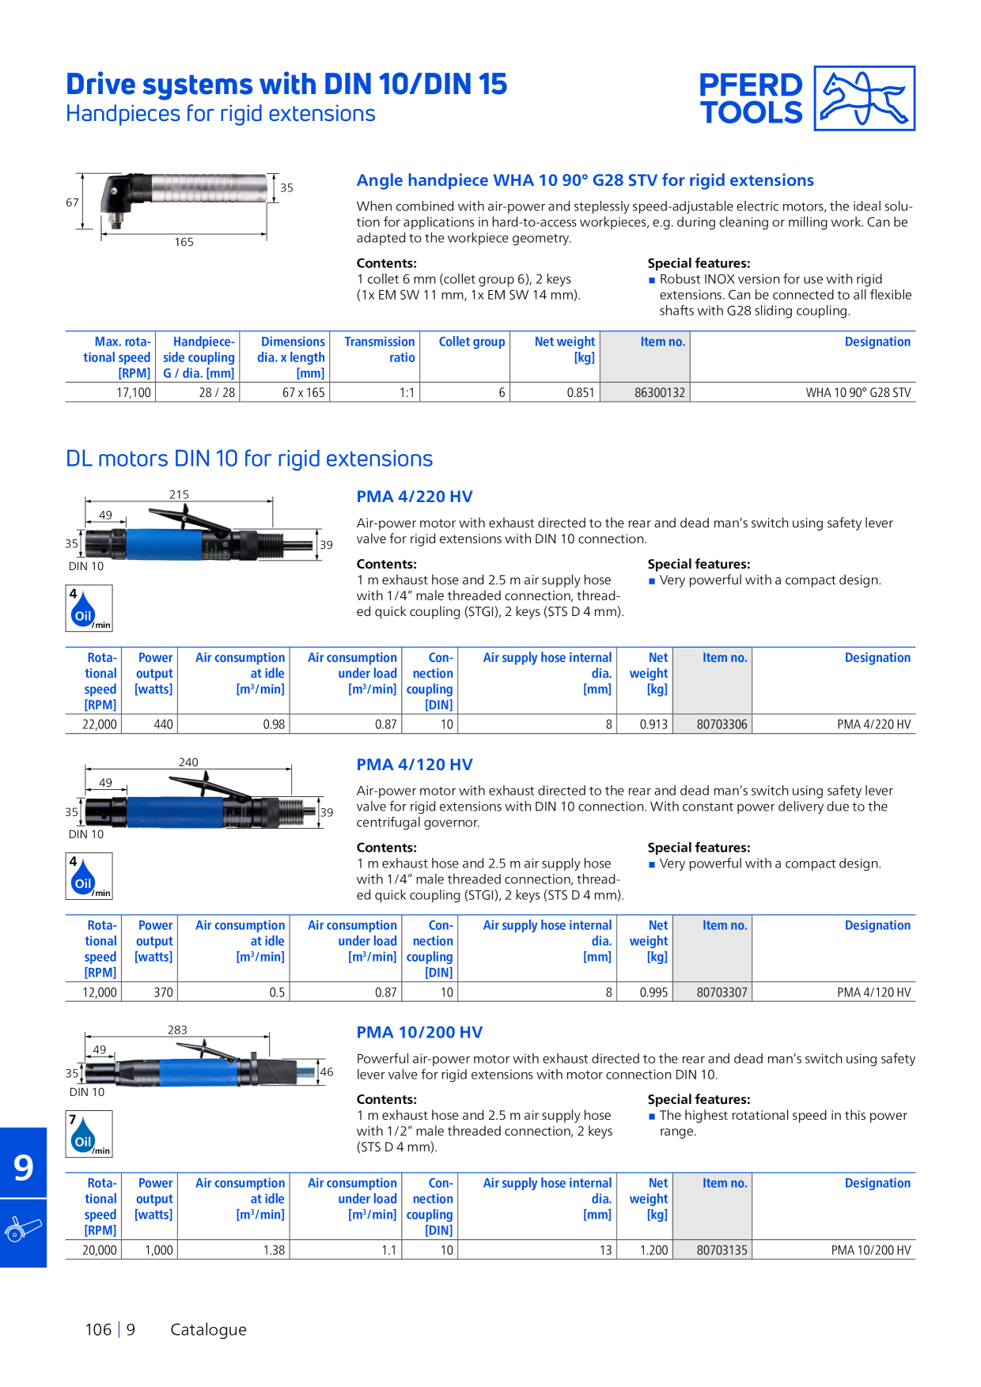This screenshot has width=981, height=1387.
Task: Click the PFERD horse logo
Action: click(x=865, y=98)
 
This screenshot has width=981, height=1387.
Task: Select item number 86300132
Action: click(x=660, y=393)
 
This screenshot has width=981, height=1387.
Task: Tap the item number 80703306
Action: click(x=722, y=724)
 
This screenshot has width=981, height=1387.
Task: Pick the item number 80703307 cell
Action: click(x=722, y=992)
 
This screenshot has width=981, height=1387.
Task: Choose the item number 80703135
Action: click(x=722, y=1250)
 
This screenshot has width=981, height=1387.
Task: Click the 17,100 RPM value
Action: click(x=134, y=393)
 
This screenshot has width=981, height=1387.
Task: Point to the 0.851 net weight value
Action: click(x=581, y=393)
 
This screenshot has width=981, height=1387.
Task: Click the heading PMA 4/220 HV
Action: click(x=415, y=497)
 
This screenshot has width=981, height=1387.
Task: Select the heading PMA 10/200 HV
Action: click(x=419, y=1032)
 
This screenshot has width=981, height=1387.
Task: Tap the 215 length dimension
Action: click(x=179, y=494)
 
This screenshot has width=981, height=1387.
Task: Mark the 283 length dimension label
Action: click(x=177, y=1030)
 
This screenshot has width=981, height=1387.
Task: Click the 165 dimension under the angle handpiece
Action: click(x=184, y=242)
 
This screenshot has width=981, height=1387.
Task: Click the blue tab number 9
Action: click(x=24, y=1166)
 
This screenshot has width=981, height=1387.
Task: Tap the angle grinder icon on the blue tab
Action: click(x=23, y=1230)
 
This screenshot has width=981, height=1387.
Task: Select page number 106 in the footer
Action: click(x=98, y=1329)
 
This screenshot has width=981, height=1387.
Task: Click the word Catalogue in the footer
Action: click(x=209, y=1330)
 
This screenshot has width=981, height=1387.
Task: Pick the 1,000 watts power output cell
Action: click(x=158, y=1250)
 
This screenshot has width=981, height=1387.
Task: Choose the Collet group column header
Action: click(x=472, y=342)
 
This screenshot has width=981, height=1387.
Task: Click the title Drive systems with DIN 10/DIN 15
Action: click(x=286, y=84)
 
